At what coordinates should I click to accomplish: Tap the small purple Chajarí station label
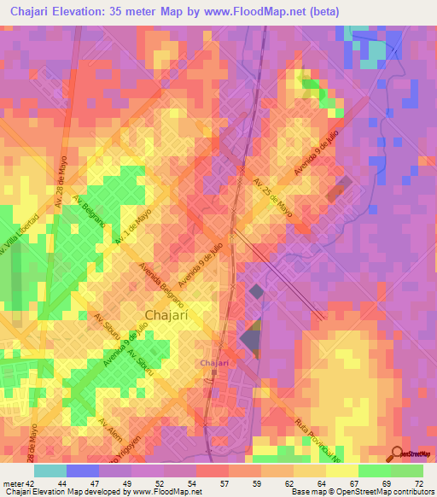click(x=213, y=364)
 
